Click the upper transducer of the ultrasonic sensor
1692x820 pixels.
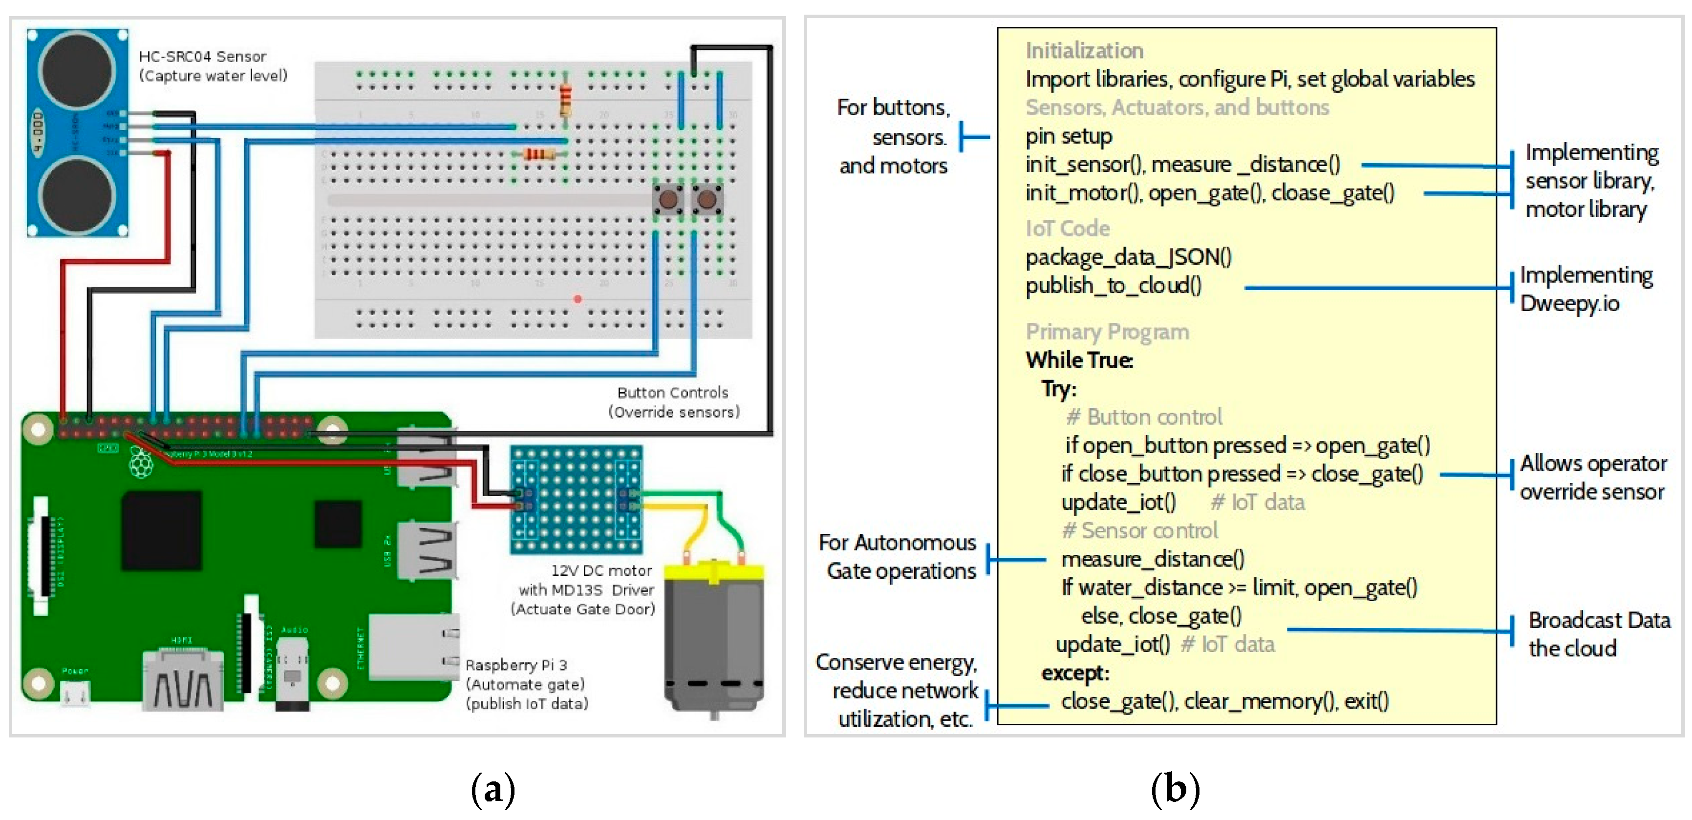pyautogui.click(x=77, y=69)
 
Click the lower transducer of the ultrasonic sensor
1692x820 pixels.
pyautogui.click(x=77, y=195)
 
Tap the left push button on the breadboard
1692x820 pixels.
pyautogui.click(x=668, y=198)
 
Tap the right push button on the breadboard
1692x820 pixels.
pyautogui.click(x=707, y=198)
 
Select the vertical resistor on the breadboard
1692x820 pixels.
pyautogui.click(x=565, y=100)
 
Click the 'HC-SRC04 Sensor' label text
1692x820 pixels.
pyautogui.click(x=202, y=57)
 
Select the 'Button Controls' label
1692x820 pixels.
pyautogui.click(x=673, y=393)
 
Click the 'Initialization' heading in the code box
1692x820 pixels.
pyautogui.click(x=1084, y=51)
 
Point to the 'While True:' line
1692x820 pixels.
pyautogui.click(x=1079, y=360)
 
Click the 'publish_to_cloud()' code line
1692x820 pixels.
pyautogui.click(x=1114, y=286)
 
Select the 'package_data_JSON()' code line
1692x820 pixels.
pyautogui.click(x=1129, y=257)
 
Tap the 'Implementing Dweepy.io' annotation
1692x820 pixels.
pyautogui.click(x=1585, y=289)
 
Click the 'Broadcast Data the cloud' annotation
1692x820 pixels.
pyautogui.click(x=1598, y=634)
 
